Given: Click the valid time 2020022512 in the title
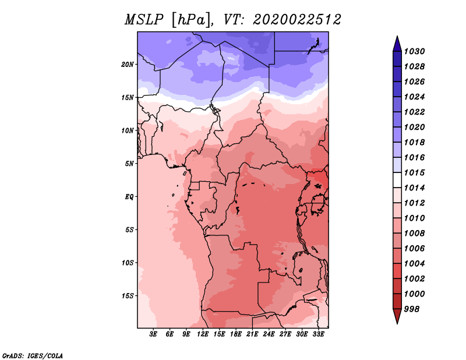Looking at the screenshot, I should coord(296,20).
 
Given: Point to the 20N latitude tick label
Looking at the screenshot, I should coord(128,64).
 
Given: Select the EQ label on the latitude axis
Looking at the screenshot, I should coord(129,196).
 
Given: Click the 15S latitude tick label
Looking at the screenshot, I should coord(128,295).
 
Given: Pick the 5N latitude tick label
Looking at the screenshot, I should coord(129,163).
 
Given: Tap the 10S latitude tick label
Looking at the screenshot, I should coord(128,263).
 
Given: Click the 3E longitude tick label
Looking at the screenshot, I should coord(154,335).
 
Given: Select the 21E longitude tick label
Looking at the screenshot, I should coord(252,335).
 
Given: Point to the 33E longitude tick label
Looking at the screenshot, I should coord(318,335).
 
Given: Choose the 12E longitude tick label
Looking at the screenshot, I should coord(203,335).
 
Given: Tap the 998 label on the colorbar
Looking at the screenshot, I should coord(413,309).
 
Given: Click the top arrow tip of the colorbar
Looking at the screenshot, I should coord(397,37).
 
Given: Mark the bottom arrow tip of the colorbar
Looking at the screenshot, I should coord(397,323).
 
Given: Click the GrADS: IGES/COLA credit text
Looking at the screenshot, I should coord(33,355).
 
